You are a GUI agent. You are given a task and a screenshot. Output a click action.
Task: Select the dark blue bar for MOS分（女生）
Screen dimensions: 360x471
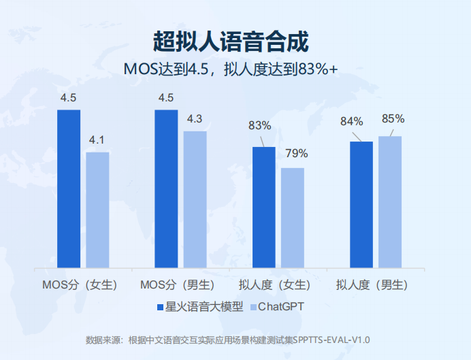pyautogui.click(x=69, y=189)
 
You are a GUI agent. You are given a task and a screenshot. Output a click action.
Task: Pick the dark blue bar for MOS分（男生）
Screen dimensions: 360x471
pyautogui.click(x=166, y=189)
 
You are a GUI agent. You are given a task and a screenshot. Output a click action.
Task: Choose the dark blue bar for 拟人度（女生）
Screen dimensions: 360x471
pyautogui.click(x=264, y=207)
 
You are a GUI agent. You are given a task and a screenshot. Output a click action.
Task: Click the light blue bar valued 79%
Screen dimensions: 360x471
pyautogui.click(x=293, y=218)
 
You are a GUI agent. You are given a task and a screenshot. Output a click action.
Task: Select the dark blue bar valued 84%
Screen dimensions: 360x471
pyautogui.click(x=361, y=204)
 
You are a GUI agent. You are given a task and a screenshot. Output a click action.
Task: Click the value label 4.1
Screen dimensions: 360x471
pyautogui.click(x=97, y=140)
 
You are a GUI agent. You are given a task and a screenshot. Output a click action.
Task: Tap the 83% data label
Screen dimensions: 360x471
pyautogui.click(x=259, y=125)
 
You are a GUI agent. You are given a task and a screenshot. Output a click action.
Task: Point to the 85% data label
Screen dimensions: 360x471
pyautogui.click(x=393, y=118)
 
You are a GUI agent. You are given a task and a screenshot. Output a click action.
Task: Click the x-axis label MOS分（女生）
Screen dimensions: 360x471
pyautogui.click(x=80, y=284)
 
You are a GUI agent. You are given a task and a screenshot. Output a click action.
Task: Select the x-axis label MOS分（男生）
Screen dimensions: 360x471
pyautogui.click(x=178, y=284)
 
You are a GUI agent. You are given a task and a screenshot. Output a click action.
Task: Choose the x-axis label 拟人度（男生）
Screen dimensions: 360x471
pyautogui.click(x=372, y=284)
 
